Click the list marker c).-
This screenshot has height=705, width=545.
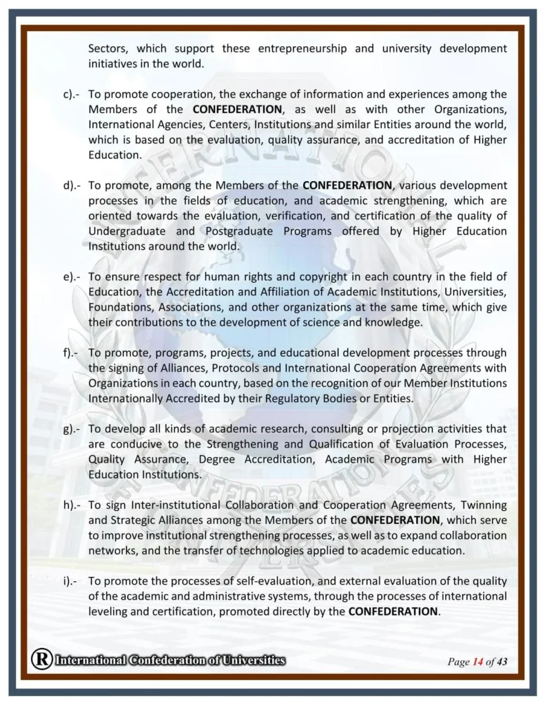tap(72, 94)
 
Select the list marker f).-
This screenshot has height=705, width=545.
tap(71, 353)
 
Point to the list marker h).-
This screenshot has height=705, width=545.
tap(72, 505)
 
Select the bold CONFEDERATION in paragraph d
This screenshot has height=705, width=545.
tap(347, 185)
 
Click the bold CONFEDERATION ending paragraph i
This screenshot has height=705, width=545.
tap(393, 611)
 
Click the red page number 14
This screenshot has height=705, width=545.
tap(477, 662)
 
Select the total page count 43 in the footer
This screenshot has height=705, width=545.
tap(502, 662)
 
